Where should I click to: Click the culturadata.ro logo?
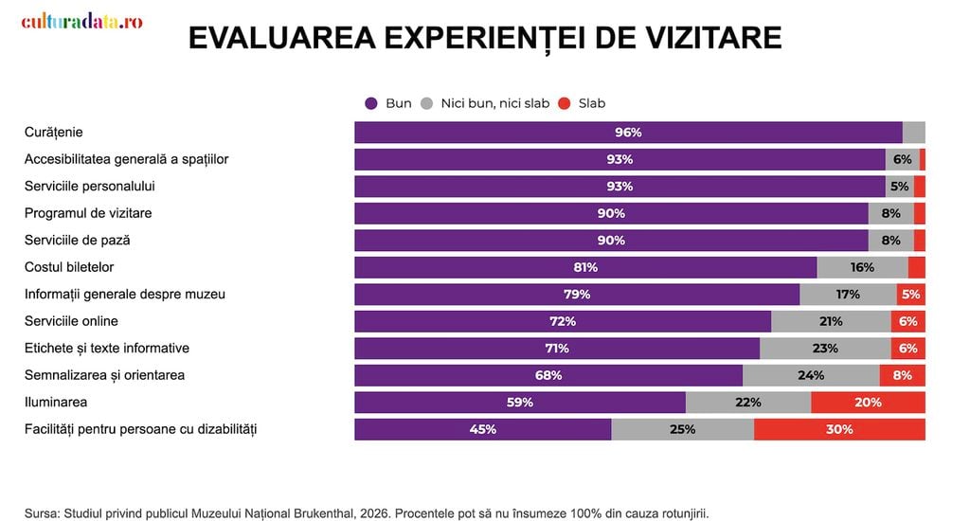(x=81, y=21)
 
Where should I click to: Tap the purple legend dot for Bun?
(x=371, y=103)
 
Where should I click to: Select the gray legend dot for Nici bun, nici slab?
(x=427, y=103)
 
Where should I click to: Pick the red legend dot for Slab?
(x=565, y=103)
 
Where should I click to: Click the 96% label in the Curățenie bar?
(x=628, y=133)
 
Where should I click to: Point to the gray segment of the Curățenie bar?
(x=914, y=133)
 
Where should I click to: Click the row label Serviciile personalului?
(x=90, y=187)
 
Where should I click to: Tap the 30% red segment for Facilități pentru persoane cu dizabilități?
(x=839, y=429)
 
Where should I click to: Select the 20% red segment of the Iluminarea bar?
(x=868, y=403)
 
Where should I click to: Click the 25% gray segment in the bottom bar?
(x=682, y=429)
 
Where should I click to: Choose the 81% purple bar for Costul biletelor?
(x=585, y=267)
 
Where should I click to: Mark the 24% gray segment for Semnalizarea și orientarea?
(x=811, y=375)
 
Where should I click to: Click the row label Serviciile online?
(x=71, y=321)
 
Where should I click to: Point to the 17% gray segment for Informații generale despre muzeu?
(x=848, y=295)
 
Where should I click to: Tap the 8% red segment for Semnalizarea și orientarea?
(x=903, y=375)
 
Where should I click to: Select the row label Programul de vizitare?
(x=88, y=213)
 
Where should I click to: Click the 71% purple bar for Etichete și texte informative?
(x=557, y=349)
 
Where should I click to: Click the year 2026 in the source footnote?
(x=375, y=514)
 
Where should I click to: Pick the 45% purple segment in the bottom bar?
(x=482, y=429)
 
